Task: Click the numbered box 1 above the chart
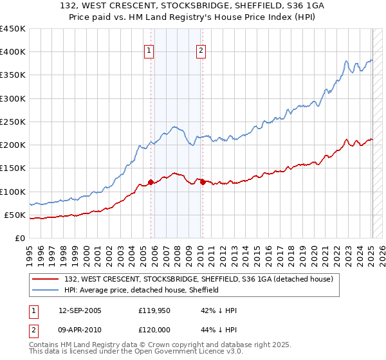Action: coord(149,51)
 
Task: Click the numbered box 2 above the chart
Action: coord(201,51)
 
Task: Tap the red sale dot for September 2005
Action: coord(151,183)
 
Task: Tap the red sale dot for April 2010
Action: coord(203,183)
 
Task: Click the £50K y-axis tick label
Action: coord(15,215)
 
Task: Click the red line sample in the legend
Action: coord(46,280)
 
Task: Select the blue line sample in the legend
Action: coord(46,291)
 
